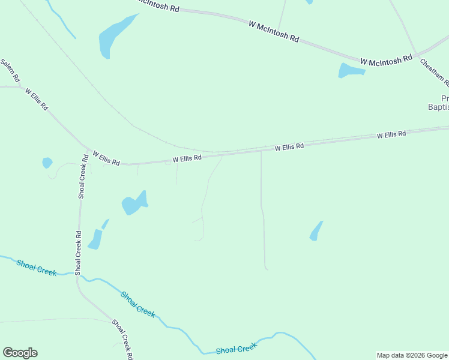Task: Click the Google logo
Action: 20,353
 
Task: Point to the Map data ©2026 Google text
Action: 412,355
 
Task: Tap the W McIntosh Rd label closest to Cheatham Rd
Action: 386,60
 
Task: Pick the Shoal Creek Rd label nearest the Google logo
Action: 122,339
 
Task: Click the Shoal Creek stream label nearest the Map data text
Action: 236,349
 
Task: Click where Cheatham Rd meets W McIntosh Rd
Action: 416,55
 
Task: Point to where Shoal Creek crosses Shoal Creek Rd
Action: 77,275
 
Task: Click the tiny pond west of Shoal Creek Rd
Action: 47,163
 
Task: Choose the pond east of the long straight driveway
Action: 316,232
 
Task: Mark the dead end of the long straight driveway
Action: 265,269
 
